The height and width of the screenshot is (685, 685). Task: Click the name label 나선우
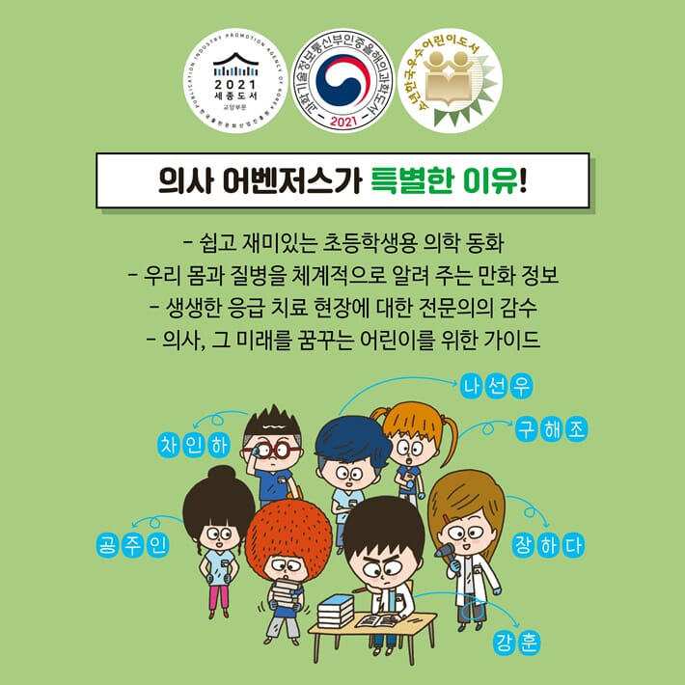[497, 386]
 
